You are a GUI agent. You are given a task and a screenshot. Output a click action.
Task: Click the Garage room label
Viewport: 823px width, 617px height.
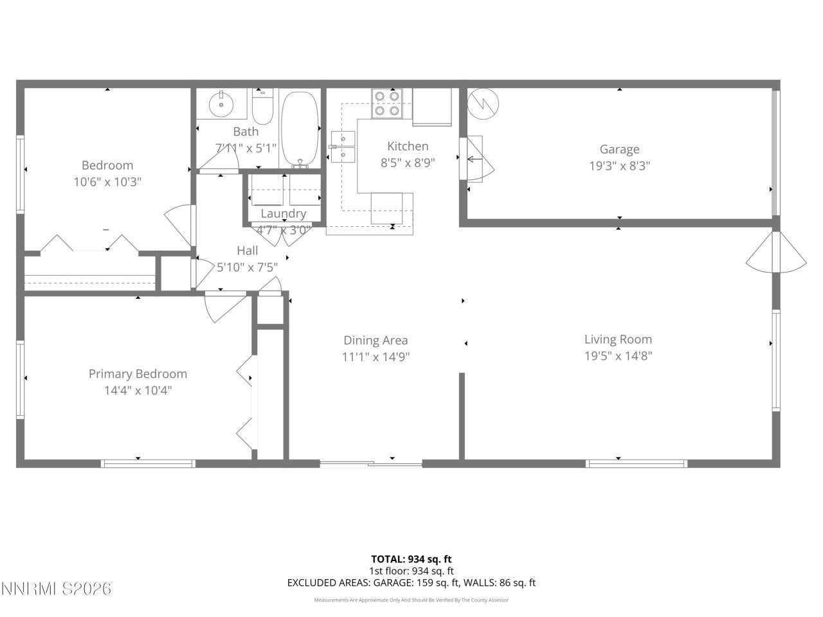[x=619, y=149]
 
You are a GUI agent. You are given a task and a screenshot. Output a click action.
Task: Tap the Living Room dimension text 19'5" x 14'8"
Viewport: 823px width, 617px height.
[x=618, y=356]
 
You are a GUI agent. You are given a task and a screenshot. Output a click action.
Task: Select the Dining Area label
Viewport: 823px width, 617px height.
[x=375, y=341]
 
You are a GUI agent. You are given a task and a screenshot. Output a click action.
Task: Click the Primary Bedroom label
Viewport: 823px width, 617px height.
[x=138, y=373]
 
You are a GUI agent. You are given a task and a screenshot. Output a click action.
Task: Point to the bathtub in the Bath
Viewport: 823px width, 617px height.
[x=300, y=129]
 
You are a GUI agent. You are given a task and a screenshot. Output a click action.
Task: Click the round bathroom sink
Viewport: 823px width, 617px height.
[x=221, y=103]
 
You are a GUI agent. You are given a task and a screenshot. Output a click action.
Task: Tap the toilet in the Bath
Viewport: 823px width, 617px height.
[x=263, y=107]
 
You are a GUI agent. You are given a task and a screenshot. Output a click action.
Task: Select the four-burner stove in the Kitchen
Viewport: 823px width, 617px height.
[x=387, y=103]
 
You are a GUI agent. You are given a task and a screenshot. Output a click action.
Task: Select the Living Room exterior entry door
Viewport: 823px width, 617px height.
[x=777, y=253]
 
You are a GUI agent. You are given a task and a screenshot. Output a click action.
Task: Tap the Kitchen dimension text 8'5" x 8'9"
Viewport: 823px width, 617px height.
[x=408, y=163]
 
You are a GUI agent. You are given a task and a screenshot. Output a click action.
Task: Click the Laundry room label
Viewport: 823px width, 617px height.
[x=283, y=213]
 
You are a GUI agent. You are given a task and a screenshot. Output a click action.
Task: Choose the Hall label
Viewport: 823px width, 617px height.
[x=247, y=251]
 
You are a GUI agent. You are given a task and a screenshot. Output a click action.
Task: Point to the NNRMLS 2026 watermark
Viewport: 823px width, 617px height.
[x=57, y=588]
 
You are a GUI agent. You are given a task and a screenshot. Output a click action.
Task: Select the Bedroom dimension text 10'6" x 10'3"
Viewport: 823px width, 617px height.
[x=107, y=182]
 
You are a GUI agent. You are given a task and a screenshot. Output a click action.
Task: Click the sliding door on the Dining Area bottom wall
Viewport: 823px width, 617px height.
[x=371, y=463]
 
